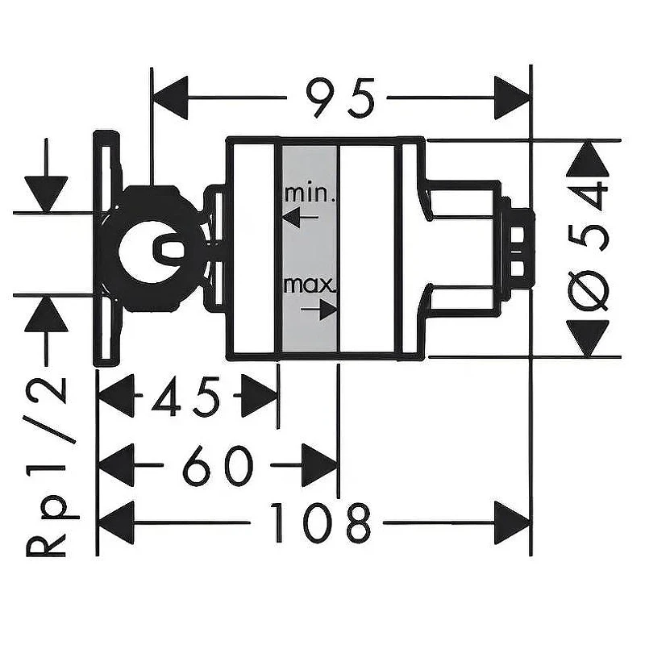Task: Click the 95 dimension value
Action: coord(340,98)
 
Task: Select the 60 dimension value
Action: coord(217,465)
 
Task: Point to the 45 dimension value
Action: coord(185,395)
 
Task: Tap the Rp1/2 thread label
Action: coord(46,467)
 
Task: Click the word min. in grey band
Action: coord(310,193)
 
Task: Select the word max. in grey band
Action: coord(310,285)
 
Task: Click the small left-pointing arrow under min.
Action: coord(300,217)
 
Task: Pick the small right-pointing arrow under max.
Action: coord(319,309)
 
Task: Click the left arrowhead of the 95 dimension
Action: coord(170,98)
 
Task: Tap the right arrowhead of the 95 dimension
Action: coord(512,98)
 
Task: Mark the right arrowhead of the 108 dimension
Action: coord(512,522)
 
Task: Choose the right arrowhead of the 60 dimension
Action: coord(319,465)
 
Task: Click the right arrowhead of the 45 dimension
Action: coord(259,395)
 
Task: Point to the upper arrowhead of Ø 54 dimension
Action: coord(588,160)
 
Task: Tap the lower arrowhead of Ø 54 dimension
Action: coord(588,338)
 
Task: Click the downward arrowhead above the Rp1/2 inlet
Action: coord(46,194)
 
